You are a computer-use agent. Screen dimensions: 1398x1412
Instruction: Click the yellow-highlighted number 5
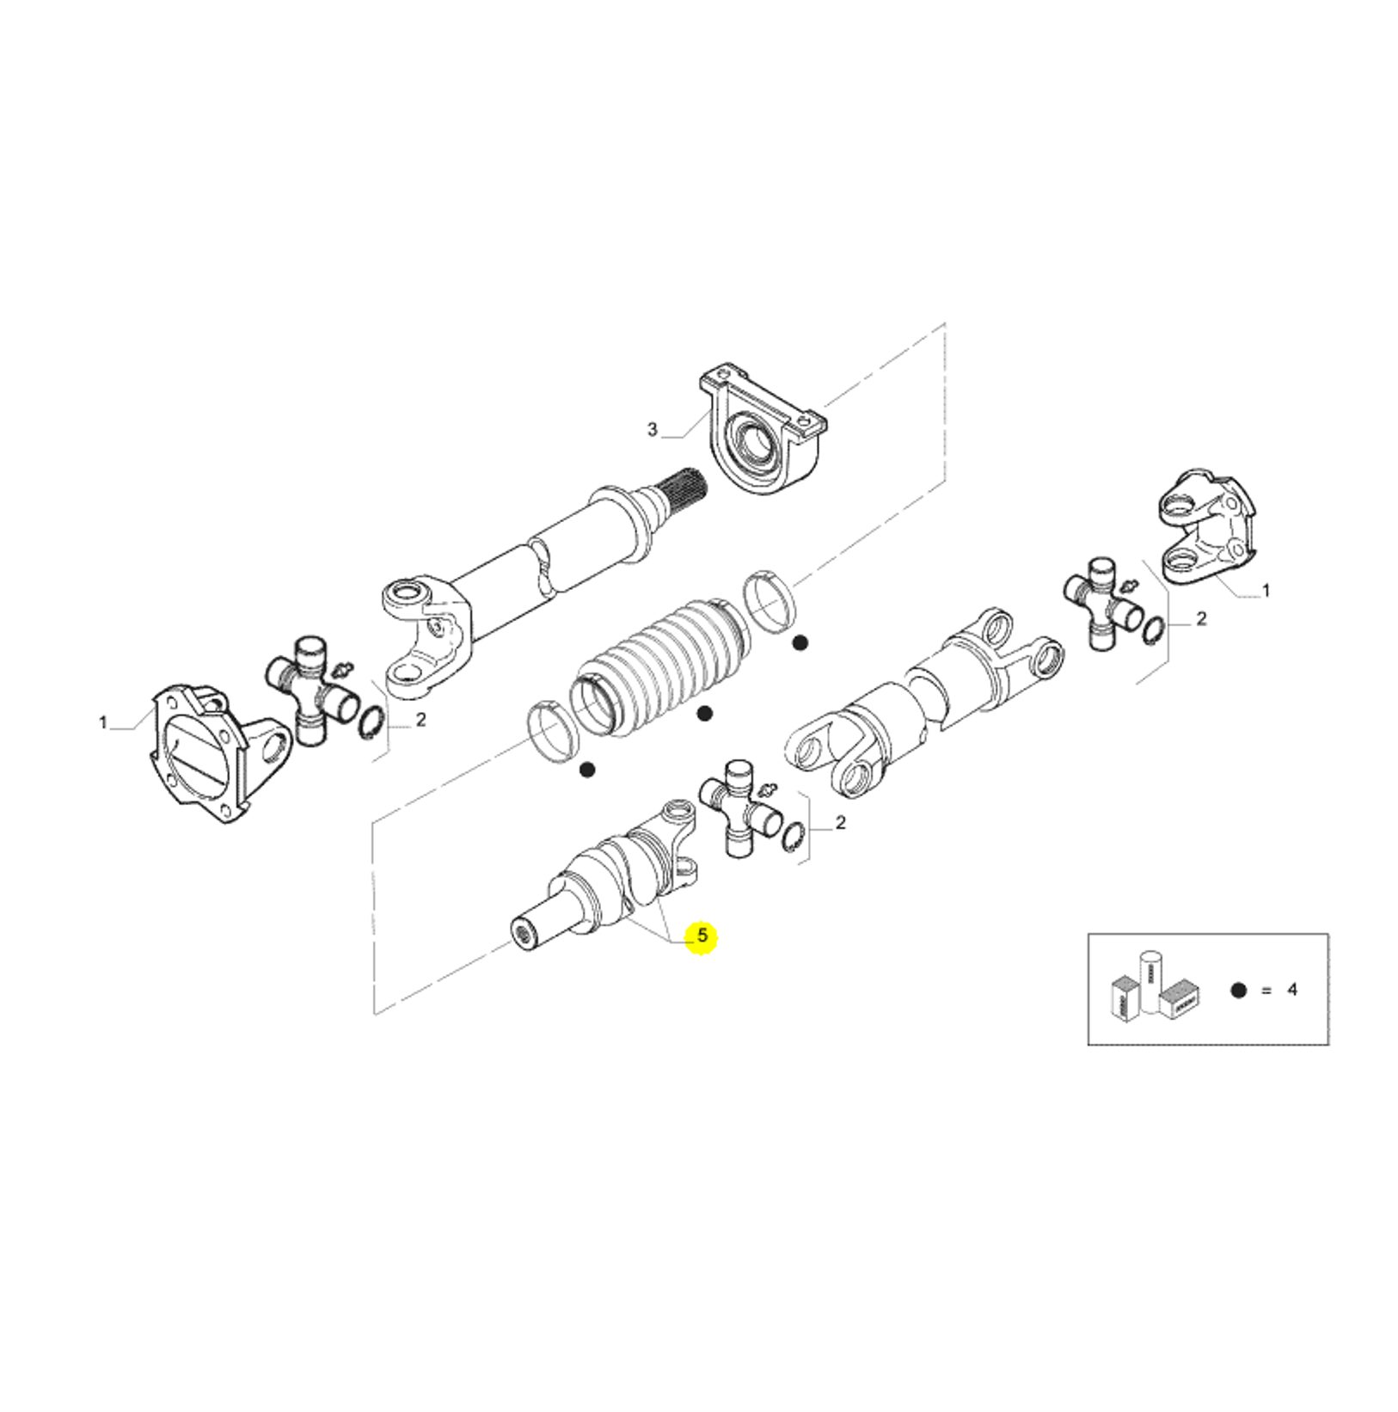pyautogui.click(x=702, y=935)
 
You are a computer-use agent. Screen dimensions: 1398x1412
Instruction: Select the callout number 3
pyautogui.click(x=652, y=429)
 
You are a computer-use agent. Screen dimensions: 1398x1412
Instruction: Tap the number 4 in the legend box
pyautogui.click(x=1292, y=990)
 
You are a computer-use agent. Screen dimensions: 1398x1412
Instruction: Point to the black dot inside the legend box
pyautogui.click(x=1239, y=990)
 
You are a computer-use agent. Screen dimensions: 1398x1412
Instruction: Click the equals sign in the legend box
pyautogui.click(x=1266, y=990)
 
